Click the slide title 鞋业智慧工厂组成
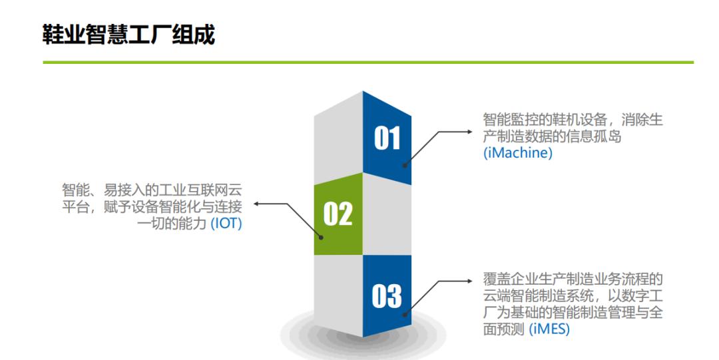click(128, 35)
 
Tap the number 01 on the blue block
click(387, 138)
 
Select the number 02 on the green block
click(338, 214)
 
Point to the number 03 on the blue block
click(387, 296)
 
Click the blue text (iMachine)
click(518, 152)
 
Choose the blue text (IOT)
click(226, 224)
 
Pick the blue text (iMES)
click(549, 329)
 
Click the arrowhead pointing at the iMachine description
click(469, 132)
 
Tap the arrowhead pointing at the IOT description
click(257, 204)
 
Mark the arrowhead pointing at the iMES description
click(469, 281)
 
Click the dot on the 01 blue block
click(405, 166)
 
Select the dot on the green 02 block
click(322, 238)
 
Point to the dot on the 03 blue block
click(405, 314)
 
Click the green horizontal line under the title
click(368, 62)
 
